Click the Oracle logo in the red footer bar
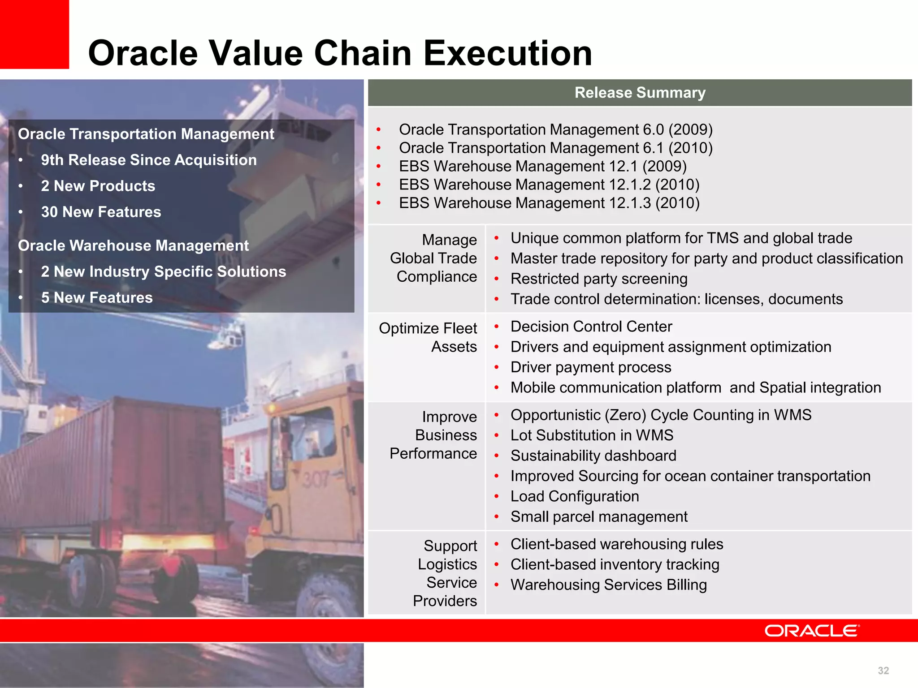[812, 631]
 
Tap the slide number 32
[883, 671]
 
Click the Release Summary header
[640, 93]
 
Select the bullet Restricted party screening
[598, 279]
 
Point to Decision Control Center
[591, 327]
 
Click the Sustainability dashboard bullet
[593, 456]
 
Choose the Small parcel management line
[598, 516]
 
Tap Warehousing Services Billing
[608, 585]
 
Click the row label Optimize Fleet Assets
[428, 337]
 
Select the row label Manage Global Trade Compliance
[433, 258]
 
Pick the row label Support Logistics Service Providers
[446, 573]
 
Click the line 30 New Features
[101, 212]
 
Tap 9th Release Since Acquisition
[148, 160]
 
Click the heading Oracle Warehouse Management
[133, 245]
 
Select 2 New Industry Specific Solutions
[163, 271]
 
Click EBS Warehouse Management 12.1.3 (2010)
[549, 203]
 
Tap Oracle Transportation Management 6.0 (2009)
[555, 129]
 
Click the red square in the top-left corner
[34, 34]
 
